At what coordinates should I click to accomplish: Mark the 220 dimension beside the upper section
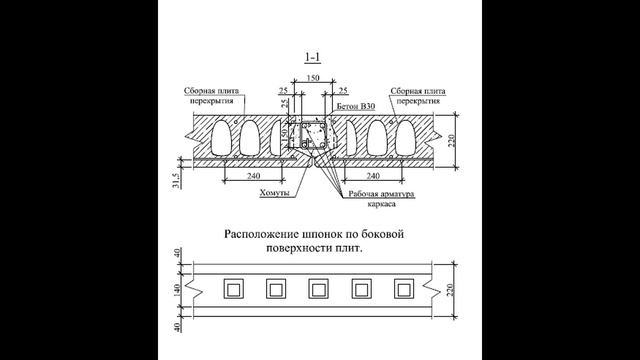pyautogui.click(x=452, y=140)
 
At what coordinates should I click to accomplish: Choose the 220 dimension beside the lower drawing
pyautogui.click(x=452, y=290)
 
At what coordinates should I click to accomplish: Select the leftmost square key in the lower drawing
pyautogui.click(x=232, y=290)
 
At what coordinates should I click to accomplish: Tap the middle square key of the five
pyautogui.click(x=319, y=290)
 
